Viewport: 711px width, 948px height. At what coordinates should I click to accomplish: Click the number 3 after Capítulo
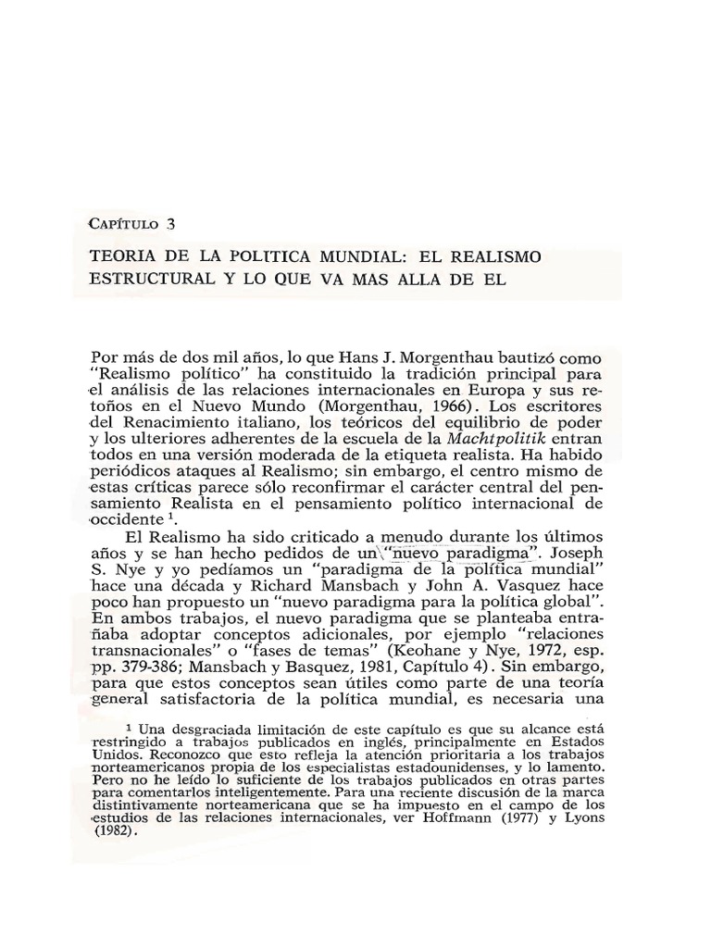click(x=171, y=223)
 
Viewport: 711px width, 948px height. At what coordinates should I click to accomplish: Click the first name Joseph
click(x=579, y=555)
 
